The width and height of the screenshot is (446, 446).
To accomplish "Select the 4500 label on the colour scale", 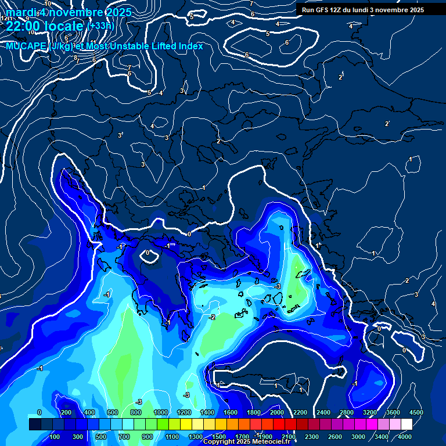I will pos(416,412).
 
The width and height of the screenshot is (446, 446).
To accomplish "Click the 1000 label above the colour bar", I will pos(161,412).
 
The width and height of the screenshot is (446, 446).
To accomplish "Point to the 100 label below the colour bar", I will pos(55,437).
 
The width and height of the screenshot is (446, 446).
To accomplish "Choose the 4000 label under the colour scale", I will pos(405,437).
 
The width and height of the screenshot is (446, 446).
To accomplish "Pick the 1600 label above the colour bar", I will pos(231,412).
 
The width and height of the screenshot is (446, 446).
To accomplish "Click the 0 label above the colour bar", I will pos(39,412).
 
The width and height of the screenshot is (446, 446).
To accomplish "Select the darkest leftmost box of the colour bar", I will pos(35,425).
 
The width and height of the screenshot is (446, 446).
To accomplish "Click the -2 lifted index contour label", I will pos(212,317).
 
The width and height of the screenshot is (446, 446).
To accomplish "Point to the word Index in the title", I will pos(189,46).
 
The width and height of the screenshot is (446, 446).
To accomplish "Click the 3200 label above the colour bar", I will pos(370,412).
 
